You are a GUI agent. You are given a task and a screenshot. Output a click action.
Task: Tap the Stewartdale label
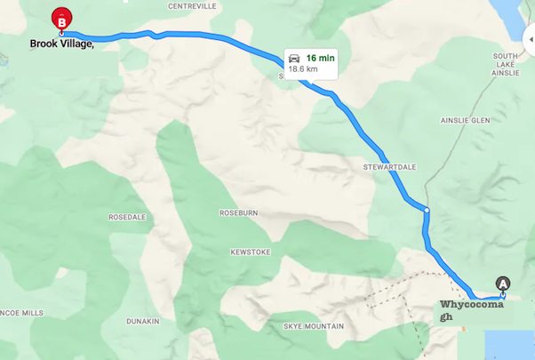[x=389, y=166]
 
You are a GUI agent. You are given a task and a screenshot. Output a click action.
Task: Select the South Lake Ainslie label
[x=505, y=64]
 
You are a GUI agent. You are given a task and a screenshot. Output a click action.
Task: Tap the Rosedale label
[x=127, y=217]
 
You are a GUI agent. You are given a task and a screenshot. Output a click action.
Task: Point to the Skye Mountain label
[x=313, y=327]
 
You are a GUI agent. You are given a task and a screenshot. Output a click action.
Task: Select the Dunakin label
[x=142, y=321]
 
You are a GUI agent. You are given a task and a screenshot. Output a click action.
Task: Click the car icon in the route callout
[x=293, y=59]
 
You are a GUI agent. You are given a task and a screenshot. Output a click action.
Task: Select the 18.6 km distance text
[x=304, y=70]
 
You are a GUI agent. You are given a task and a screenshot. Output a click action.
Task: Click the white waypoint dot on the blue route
[x=427, y=211]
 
